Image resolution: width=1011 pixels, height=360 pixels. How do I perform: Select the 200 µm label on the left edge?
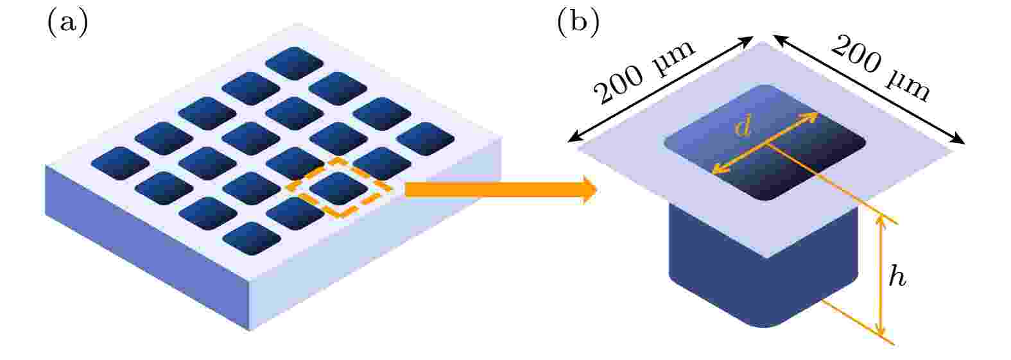coord(644,72)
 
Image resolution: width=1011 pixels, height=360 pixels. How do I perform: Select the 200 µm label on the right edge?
coord(881,69)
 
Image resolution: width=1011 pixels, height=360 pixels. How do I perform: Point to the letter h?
coord(897,276)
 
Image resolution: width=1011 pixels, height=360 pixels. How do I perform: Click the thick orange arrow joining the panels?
coord(501,190)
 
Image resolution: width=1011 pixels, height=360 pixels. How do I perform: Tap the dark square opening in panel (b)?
coord(765,142)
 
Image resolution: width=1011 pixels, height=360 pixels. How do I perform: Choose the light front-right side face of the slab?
coord(376,235)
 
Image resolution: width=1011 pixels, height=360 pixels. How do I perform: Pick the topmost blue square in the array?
coord(294,63)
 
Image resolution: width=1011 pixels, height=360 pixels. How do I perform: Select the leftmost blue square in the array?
coord(120,163)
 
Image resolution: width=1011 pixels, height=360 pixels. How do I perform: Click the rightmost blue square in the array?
coord(425,139)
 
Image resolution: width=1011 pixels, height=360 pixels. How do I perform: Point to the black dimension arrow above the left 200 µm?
coord(661,89)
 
